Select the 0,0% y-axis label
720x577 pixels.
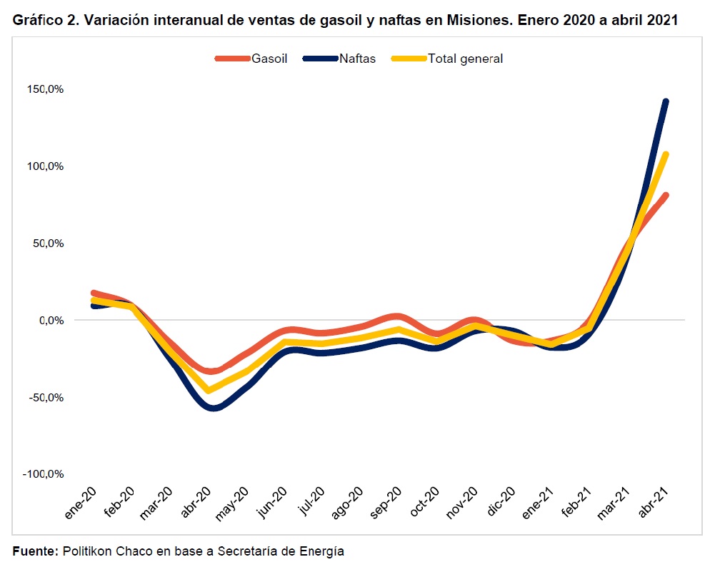[x=51, y=320]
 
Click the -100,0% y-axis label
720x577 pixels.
[x=45, y=474]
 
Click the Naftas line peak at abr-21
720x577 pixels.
[x=665, y=101]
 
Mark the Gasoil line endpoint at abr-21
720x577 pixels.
[x=665, y=195]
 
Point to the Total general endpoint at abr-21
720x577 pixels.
[x=665, y=154]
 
